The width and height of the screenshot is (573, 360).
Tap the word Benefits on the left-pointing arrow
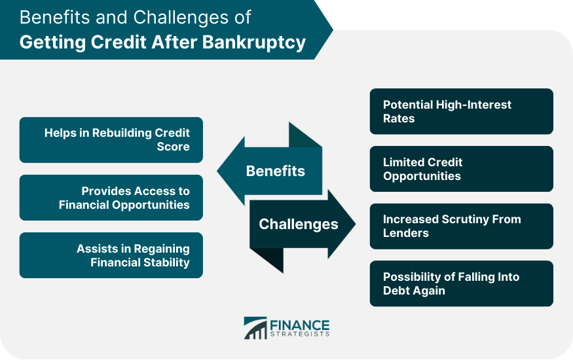pyautogui.click(x=275, y=171)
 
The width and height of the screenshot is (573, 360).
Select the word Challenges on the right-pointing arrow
pyautogui.click(x=298, y=225)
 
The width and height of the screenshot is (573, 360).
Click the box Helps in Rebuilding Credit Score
pyautogui.click(x=111, y=140)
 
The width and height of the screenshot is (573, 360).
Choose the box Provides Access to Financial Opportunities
pyautogui.click(x=111, y=198)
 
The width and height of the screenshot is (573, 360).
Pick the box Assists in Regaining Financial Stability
pyautogui.click(x=111, y=255)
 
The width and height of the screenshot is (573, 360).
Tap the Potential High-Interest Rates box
pyautogui.click(x=461, y=111)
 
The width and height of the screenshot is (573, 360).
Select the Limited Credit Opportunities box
pyautogui.click(x=461, y=169)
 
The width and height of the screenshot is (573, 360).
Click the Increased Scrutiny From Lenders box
pyautogui.click(x=461, y=226)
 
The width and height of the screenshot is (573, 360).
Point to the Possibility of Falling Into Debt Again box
pyautogui.click(x=461, y=284)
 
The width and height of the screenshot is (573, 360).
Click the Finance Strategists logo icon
pyautogui.click(x=255, y=328)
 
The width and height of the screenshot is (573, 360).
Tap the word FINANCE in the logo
pyautogui.click(x=300, y=324)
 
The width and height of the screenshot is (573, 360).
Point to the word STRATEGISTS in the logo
pyautogui.click(x=300, y=334)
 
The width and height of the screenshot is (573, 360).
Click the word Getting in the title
pyautogui.click(x=48, y=43)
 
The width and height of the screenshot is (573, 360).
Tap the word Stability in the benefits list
pyautogui.click(x=166, y=262)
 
